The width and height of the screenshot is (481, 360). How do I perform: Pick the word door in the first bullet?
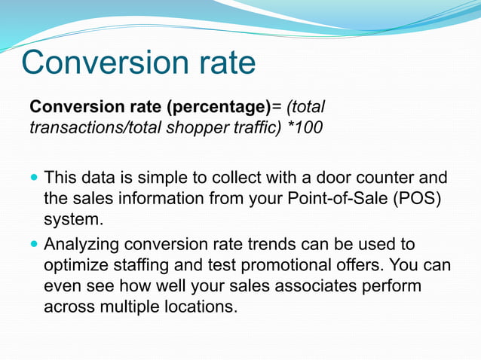pos(333,179)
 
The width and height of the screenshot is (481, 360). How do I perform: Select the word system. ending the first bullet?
pos(73,220)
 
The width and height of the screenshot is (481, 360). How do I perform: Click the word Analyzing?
pos(82,246)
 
